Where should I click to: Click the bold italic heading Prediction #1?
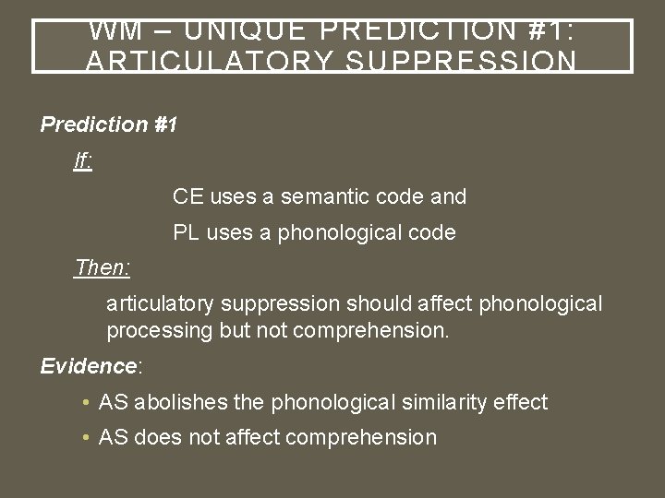(109, 125)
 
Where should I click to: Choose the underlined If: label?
(83, 161)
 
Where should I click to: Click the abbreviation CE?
(187, 196)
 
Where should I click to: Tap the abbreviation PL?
(187, 232)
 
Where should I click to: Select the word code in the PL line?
(432, 232)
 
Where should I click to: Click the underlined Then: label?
(103, 268)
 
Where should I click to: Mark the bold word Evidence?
(88, 366)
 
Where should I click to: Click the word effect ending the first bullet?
(521, 402)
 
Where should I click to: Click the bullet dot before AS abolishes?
(86, 403)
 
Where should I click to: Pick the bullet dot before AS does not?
(86, 438)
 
